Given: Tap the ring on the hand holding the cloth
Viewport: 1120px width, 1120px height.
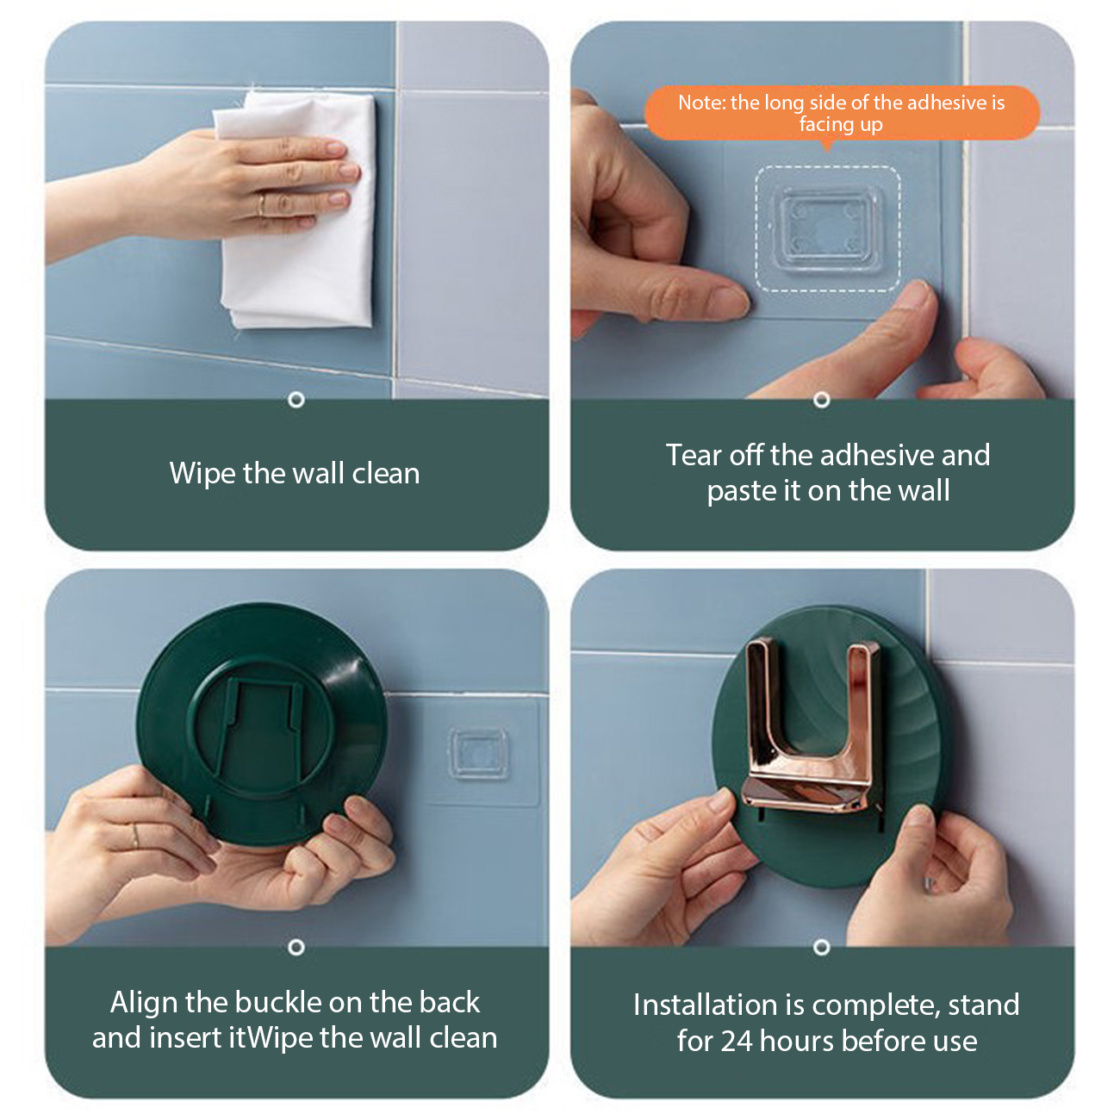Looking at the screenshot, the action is point(262,203).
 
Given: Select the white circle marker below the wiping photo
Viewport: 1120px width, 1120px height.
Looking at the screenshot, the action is point(296,400).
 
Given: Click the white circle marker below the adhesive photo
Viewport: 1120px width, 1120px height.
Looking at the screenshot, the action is point(822,400).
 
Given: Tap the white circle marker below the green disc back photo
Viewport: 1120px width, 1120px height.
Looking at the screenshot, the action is point(296,948).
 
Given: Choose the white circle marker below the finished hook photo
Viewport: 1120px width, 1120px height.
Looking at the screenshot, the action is point(822,948).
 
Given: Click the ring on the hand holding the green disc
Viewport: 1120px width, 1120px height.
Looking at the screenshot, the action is point(135,837).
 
